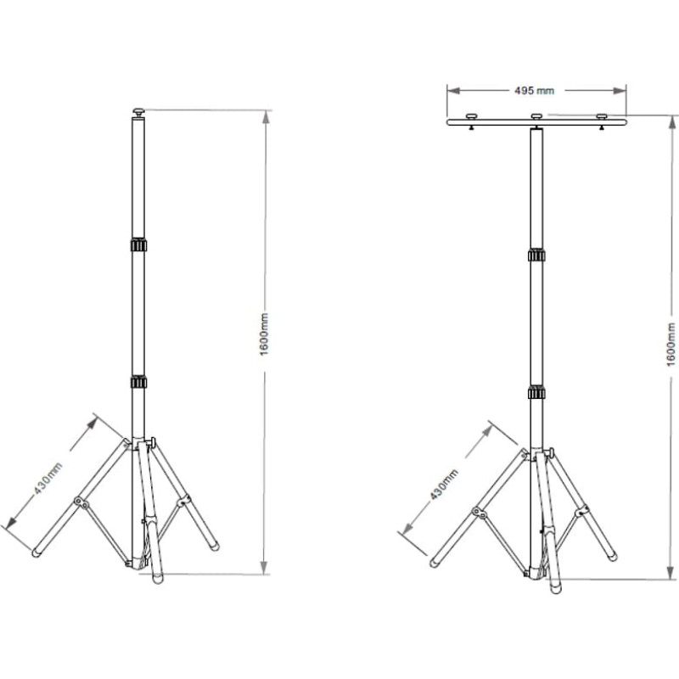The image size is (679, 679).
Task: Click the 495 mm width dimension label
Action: click(x=534, y=91)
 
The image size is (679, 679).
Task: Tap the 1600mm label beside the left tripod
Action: click(x=264, y=334)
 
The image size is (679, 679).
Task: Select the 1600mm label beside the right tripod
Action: click(x=671, y=345)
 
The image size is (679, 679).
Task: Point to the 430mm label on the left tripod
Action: click(x=48, y=478)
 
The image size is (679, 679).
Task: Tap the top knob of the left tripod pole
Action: click(x=138, y=113)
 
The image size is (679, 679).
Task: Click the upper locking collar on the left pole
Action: click(x=138, y=245)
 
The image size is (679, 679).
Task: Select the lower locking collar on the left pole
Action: click(x=138, y=382)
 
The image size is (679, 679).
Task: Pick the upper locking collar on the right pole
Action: click(x=536, y=255)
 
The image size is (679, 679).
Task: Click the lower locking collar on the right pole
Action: click(x=536, y=393)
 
